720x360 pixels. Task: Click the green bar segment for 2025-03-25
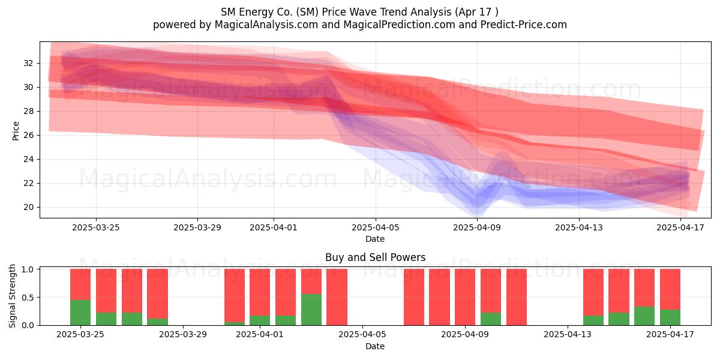coord(80,313)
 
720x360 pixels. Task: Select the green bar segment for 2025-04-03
coord(311,310)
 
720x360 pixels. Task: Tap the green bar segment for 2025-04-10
coord(491,319)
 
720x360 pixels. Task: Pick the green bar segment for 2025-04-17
coord(670,317)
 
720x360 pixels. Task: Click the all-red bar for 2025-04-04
coord(337,297)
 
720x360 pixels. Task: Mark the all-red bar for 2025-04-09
coord(465,297)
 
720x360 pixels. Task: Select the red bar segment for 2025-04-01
coord(260,292)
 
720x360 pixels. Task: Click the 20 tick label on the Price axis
coord(28,208)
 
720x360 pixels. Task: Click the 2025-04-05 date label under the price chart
coord(375,227)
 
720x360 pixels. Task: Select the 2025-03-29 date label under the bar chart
coord(183,335)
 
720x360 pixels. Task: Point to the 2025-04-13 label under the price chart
coord(579,227)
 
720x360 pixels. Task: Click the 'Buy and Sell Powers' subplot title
coord(375,257)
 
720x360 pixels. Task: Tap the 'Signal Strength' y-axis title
coord(12,296)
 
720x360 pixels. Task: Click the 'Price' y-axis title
coord(16,131)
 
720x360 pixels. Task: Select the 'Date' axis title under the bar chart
coord(375,346)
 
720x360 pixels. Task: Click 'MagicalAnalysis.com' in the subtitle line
coord(266,25)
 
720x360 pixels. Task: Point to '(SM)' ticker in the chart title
coord(307,12)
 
